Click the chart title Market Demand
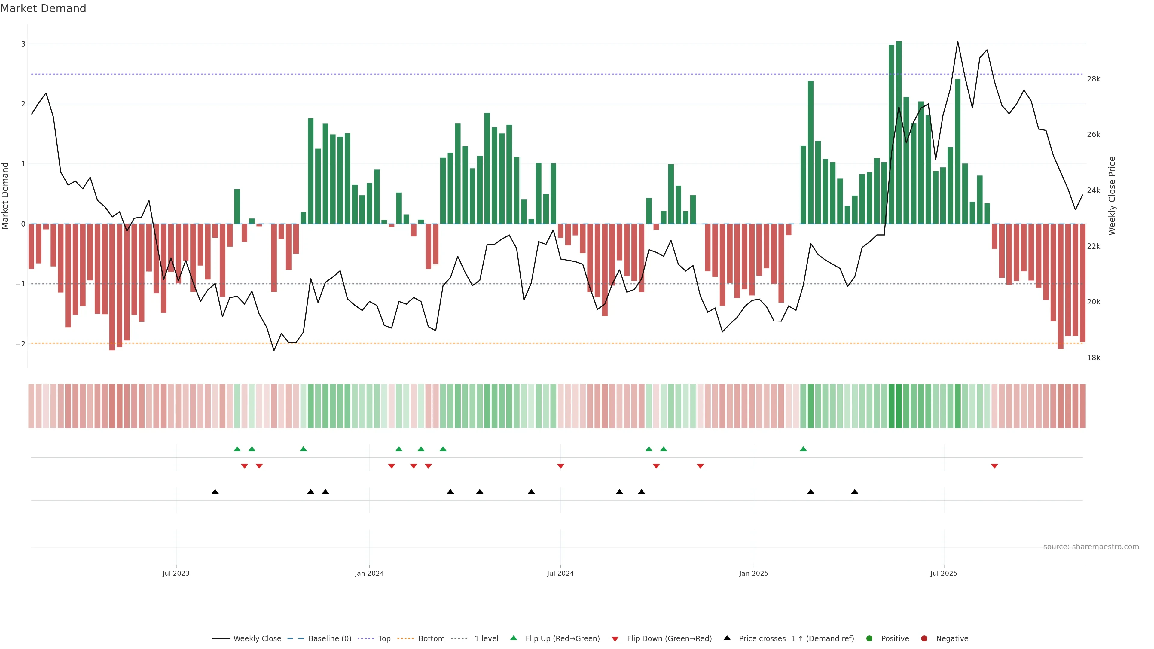pos(43,8)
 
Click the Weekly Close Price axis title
pos(1112,196)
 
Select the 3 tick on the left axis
pos(23,44)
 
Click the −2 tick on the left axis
pos(21,344)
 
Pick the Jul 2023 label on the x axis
pos(176,573)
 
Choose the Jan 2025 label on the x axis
pos(753,573)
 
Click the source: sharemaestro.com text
pos(1091,547)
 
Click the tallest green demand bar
pos(899,133)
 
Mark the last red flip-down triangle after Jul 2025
pos(994,466)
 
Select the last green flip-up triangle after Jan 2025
pos(803,449)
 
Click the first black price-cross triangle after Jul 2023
pos(215,492)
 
